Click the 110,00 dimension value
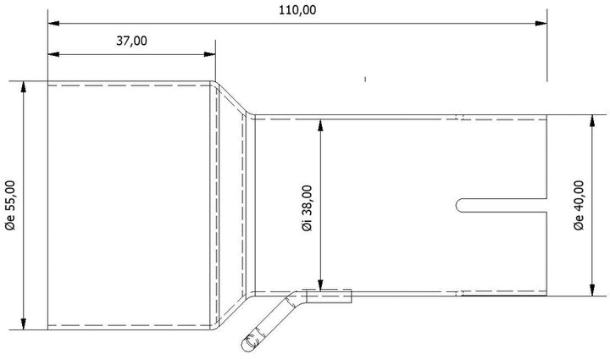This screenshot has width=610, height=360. pos(296,9)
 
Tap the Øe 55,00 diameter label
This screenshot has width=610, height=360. pos(10,205)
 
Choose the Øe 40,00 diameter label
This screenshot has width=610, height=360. pos(579,204)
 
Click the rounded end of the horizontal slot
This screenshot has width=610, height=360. pos(461,204)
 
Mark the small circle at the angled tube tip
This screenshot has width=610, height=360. pos(249,343)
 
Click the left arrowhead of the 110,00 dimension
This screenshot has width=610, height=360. pos(53,23)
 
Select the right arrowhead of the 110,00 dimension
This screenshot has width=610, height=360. pos(541,23)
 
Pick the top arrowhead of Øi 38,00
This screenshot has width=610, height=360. pos(320,124)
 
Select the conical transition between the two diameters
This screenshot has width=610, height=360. pos(231,204)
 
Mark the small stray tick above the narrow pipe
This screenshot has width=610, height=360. pos(364,80)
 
